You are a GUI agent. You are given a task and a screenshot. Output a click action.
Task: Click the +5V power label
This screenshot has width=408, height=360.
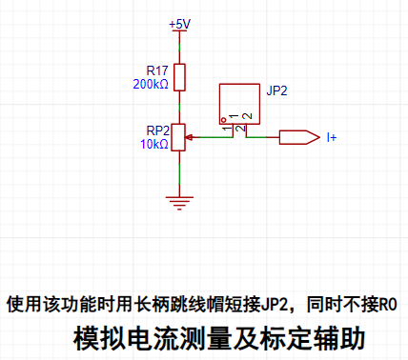[x=179, y=24]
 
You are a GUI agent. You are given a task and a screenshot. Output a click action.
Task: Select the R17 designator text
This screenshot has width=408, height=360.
[x=157, y=70]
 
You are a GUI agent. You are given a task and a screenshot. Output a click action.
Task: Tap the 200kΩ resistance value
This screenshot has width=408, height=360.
[x=151, y=85]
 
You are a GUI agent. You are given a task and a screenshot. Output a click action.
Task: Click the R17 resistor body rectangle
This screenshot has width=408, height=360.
[x=179, y=77]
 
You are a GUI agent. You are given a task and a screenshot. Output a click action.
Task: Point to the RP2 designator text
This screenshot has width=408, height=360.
[x=158, y=130]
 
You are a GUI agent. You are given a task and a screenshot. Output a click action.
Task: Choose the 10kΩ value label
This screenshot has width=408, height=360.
[x=154, y=144]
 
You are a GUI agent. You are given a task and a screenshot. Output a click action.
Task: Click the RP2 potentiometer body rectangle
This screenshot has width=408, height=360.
[x=178, y=137]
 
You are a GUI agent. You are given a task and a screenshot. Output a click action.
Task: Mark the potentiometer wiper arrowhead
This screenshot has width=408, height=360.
[x=189, y=137]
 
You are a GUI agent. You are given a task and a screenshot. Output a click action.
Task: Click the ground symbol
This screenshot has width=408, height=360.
[x=179, y=203]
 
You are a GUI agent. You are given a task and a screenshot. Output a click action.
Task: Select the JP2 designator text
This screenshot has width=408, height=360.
[x=276, y=90]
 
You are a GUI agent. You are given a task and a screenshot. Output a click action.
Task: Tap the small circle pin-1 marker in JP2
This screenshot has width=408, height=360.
[x=223, y=120]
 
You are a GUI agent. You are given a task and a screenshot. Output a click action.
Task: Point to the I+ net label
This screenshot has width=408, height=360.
[x=332, y=137]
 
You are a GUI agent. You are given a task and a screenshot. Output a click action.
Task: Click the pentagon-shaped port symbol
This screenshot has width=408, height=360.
[x=299, y=137]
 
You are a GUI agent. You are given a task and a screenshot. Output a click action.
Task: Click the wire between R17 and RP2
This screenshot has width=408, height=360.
[x=179, y=108]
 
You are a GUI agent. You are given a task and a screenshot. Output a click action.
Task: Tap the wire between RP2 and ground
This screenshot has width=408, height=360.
[x=179, y=173]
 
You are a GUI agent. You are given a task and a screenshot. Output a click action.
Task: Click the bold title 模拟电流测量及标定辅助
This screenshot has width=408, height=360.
[x=219, y=338]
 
